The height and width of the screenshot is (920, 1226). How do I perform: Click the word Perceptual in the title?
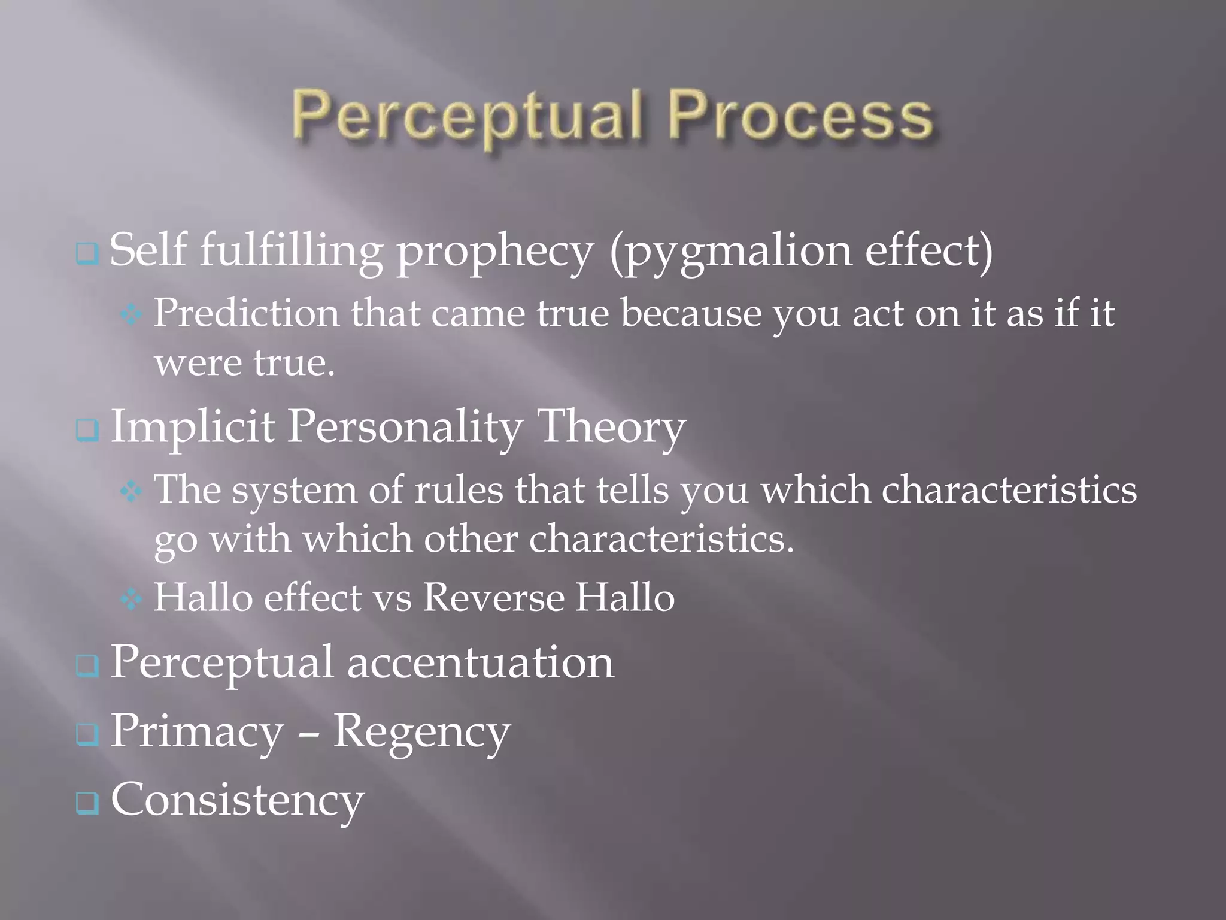pos(467,116)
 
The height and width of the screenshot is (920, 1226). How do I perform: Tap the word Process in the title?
pos(800,116)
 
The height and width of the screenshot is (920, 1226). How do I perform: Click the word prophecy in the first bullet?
pos(495,252)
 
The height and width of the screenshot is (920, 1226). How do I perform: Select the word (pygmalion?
pos(730,252)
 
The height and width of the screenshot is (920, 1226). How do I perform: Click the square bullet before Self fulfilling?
pos(87,254)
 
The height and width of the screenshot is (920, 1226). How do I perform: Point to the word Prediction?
pos(246,313)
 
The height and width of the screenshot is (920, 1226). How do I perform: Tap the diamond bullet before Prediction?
pos(131,314)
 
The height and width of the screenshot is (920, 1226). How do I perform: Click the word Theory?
pos(611,428)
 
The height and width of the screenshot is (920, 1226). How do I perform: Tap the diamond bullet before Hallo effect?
pos(131,599)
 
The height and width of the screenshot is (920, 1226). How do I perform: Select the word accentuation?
pos(480,663)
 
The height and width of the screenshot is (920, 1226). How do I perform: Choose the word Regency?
pos(421,732)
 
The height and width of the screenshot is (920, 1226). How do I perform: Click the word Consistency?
pos(237,801)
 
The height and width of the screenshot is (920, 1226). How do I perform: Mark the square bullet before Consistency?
pos(87,803)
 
